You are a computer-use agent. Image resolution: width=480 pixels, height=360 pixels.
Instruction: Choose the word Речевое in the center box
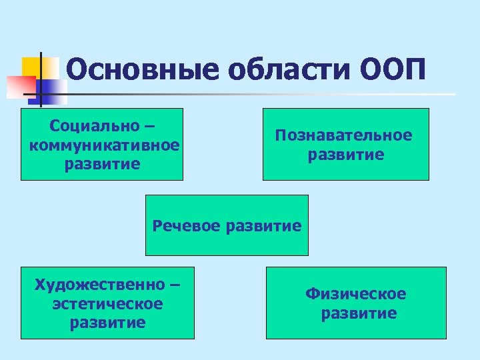pyautogui.click(x=187, y=225)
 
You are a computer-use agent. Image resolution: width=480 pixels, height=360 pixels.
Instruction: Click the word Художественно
pyautogui.click(x=99, y=285)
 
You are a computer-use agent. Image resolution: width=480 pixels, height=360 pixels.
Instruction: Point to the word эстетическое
pyautogui.click(x=107, y=303)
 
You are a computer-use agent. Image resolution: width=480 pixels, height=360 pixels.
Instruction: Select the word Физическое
pyautogui.click(x=355, y=294)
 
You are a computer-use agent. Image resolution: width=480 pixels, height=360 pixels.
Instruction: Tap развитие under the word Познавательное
pyautogui.click(x=345, y=155)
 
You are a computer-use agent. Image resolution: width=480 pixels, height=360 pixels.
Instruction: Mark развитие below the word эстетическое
pyautogui.click(x=107, y=323)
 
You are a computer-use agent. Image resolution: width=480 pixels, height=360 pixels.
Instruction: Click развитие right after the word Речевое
pyautogui.click(x=263, y=225)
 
